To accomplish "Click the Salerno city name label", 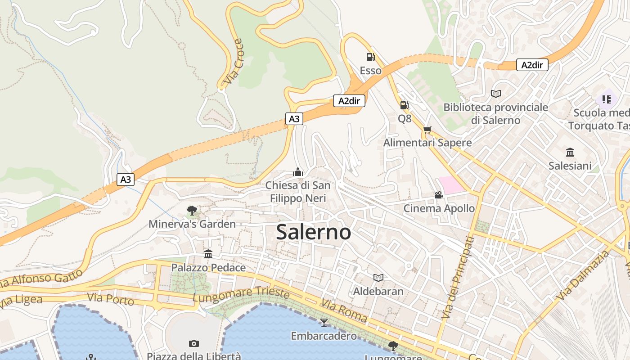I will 314,232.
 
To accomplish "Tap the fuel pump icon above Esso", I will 370,57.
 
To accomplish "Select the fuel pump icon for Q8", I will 404,105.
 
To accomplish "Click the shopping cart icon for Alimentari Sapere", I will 427,130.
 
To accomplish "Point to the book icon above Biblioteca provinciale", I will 496,94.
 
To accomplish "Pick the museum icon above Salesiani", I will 570,152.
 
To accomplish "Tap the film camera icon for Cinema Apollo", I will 439,195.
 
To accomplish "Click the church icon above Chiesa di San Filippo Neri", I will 297,172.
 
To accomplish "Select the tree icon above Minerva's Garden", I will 192,210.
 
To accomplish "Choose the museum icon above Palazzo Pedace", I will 208,254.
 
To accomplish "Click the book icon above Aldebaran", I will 378,278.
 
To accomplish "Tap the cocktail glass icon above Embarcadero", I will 324,322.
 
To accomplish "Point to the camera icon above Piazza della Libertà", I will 194,343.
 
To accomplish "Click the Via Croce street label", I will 233,62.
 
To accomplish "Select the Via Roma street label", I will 344,310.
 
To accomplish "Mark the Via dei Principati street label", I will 458,278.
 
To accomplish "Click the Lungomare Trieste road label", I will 241,295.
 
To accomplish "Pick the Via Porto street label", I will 111,299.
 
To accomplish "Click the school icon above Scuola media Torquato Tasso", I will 606,99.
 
